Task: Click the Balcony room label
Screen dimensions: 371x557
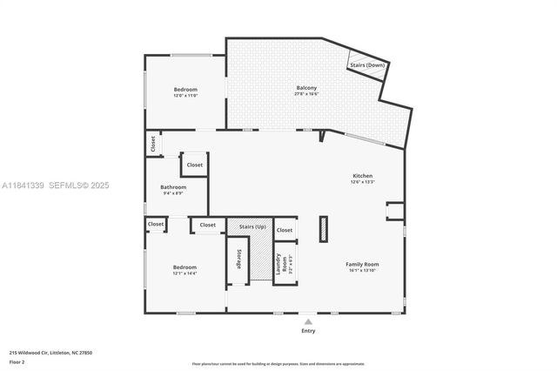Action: coord(305,88)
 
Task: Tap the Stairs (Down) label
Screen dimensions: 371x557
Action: coord(366,65)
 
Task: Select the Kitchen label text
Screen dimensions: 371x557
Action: coord(362,176)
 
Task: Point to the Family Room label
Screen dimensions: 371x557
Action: coord(364,264)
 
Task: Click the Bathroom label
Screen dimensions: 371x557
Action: coord(172,187)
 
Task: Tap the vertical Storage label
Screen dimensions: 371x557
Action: coord(238,260)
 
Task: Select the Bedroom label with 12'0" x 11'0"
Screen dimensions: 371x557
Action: coord(185,90)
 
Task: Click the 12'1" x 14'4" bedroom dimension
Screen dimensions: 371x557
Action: coord(185,273)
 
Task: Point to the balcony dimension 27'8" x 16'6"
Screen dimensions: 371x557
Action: coord(305,94)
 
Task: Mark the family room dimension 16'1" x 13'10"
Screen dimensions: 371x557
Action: coord(364,270)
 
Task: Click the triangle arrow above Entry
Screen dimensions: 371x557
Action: coord(308,321)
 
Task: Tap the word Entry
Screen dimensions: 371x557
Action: coord(308,331)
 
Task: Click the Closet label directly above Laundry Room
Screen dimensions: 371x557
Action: coord(284,230)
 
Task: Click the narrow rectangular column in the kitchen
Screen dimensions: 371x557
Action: coord(324,228)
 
